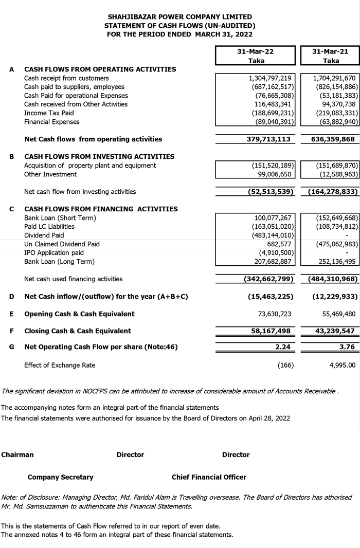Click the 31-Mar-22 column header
(x=255, y=52)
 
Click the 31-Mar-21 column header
(x=331, y=52)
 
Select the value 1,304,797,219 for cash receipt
(x=270, y=78)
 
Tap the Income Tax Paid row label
(x=49, y=113)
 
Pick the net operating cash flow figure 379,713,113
(x=265, y=139)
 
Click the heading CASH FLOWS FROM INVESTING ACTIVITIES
(x=99, y=156)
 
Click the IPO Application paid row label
(x=53, y=252)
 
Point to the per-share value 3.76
(x=347, y=347)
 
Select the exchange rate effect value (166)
(x=284, y=365)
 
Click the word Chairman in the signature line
(x=17, y=454)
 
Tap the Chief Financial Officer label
(x=209, y=477)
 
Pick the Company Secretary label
(x=60, y=477)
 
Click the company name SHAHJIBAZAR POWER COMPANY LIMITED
(x=180, y=17)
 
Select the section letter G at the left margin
(x=11, y=347)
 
